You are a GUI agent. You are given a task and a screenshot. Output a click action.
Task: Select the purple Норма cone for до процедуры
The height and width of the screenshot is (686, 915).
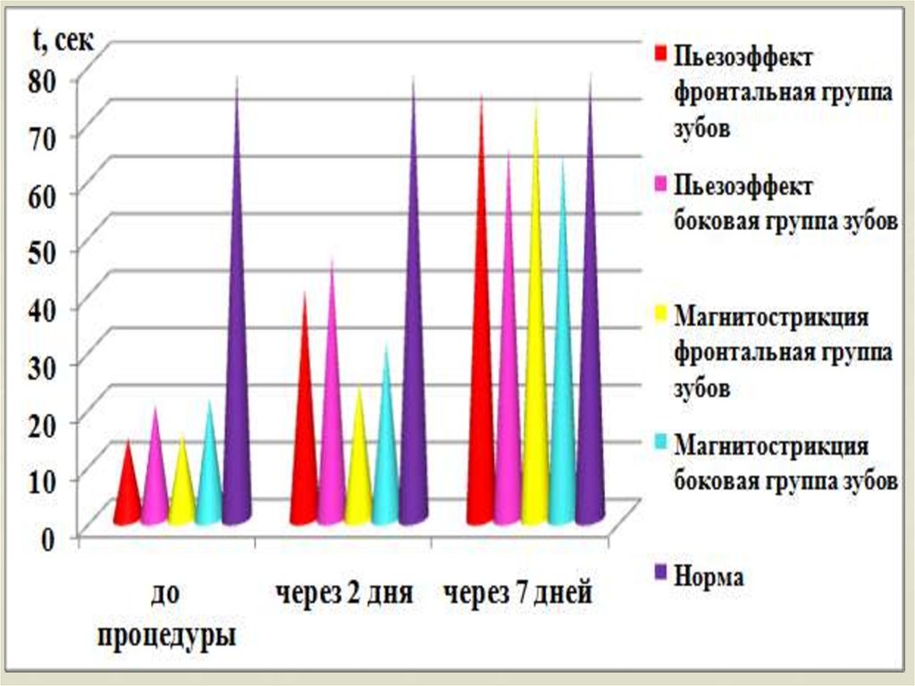coord(237,402)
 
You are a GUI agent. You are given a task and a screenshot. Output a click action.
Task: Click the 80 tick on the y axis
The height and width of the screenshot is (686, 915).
coord(44,79)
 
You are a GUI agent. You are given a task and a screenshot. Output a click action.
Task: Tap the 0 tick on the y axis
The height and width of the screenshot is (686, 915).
coord(50,537)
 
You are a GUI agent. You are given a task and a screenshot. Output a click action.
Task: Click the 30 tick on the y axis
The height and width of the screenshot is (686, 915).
coord(44,365)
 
